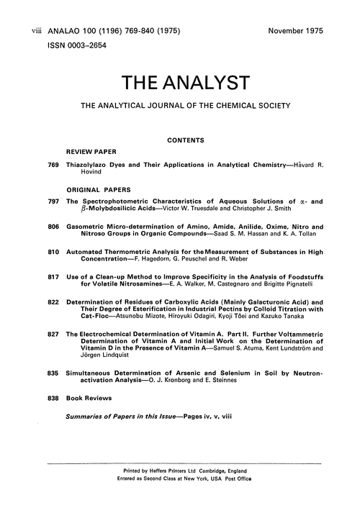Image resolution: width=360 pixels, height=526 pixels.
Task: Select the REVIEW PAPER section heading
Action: pos(91,153)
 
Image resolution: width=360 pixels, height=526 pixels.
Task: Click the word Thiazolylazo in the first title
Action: pos(90,165)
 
